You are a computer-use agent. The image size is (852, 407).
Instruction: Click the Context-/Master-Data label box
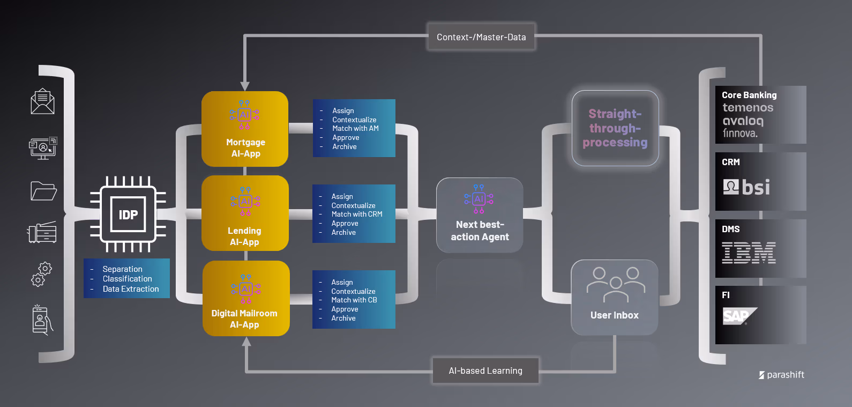[481, 37]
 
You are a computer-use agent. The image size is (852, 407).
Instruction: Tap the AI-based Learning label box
[485, 371]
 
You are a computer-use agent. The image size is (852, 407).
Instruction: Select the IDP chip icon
[128, 214]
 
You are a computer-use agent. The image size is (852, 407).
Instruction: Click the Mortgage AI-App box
[245, 129]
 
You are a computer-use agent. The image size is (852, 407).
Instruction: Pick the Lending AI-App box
[245, 213]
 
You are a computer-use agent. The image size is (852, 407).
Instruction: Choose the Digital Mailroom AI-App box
[246, 298]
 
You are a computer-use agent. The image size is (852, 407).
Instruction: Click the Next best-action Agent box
[480, 215]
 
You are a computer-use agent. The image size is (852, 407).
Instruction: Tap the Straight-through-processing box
[615, 128]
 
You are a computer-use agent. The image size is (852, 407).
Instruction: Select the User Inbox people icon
[616, 284]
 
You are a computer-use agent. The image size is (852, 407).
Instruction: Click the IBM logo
[749, 253]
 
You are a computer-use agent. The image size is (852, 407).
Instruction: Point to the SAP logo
[739, 316]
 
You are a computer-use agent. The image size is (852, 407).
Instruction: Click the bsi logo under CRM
[746, 187]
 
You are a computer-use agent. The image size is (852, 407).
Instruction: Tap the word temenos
[748, 108]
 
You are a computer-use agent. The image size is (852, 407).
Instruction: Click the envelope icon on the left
[42, 101]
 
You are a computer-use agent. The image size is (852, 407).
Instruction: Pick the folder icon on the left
[43, 191]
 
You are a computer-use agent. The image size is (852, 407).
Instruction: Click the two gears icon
[42, 274]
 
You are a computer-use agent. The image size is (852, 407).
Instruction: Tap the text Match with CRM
[357, 214]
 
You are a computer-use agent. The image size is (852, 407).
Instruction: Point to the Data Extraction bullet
[131, 289]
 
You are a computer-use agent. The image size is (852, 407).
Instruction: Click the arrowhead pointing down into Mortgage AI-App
[245, 86]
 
